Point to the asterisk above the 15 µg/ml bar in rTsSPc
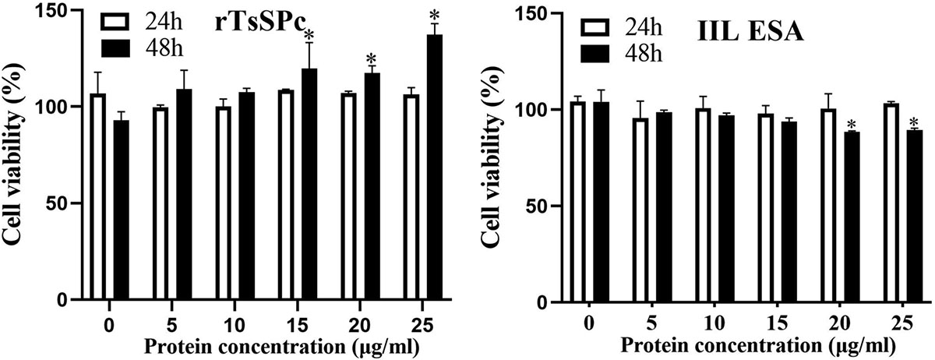point(309,35)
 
